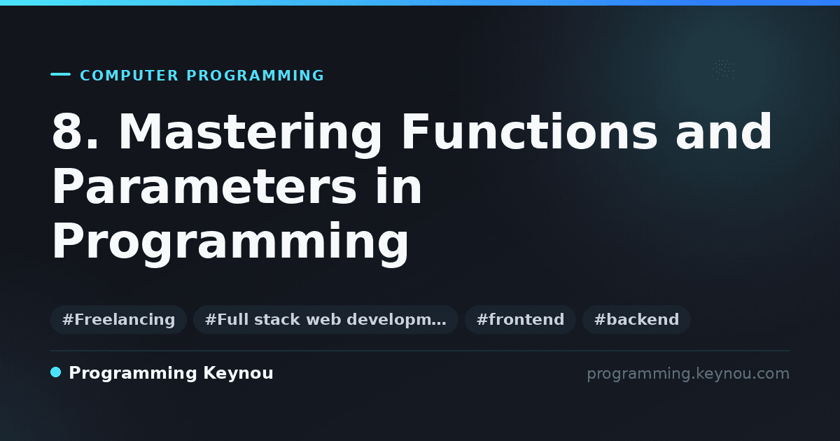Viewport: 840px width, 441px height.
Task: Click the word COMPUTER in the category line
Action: point(129,76)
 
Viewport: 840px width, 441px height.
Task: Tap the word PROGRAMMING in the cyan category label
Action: point(255,76)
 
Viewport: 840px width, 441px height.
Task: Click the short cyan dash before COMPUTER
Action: point(60,74)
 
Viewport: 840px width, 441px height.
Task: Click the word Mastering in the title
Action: point(250,134)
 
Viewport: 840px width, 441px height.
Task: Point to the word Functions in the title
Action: point(529,132)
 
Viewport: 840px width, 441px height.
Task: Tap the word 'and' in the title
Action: point(724,132)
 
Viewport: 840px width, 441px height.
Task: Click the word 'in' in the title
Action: point(398,185)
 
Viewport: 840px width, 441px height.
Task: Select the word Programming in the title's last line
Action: point(230,244)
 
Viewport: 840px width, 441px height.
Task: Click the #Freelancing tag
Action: point(118,319)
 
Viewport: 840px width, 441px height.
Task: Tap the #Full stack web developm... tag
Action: point(325,319)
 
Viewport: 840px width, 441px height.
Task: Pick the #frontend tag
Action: point(520,319)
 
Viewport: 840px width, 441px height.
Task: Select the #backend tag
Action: point(636,319)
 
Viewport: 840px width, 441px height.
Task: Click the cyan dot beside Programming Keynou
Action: point(55,372)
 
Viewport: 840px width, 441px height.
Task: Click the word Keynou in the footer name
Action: point(238,374)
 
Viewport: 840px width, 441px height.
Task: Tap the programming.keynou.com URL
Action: point(688,374)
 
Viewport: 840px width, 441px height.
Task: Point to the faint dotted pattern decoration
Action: point(723,69)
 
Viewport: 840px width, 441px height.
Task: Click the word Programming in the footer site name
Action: point(133,374)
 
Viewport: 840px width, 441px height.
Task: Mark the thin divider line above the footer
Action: point(420,351)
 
